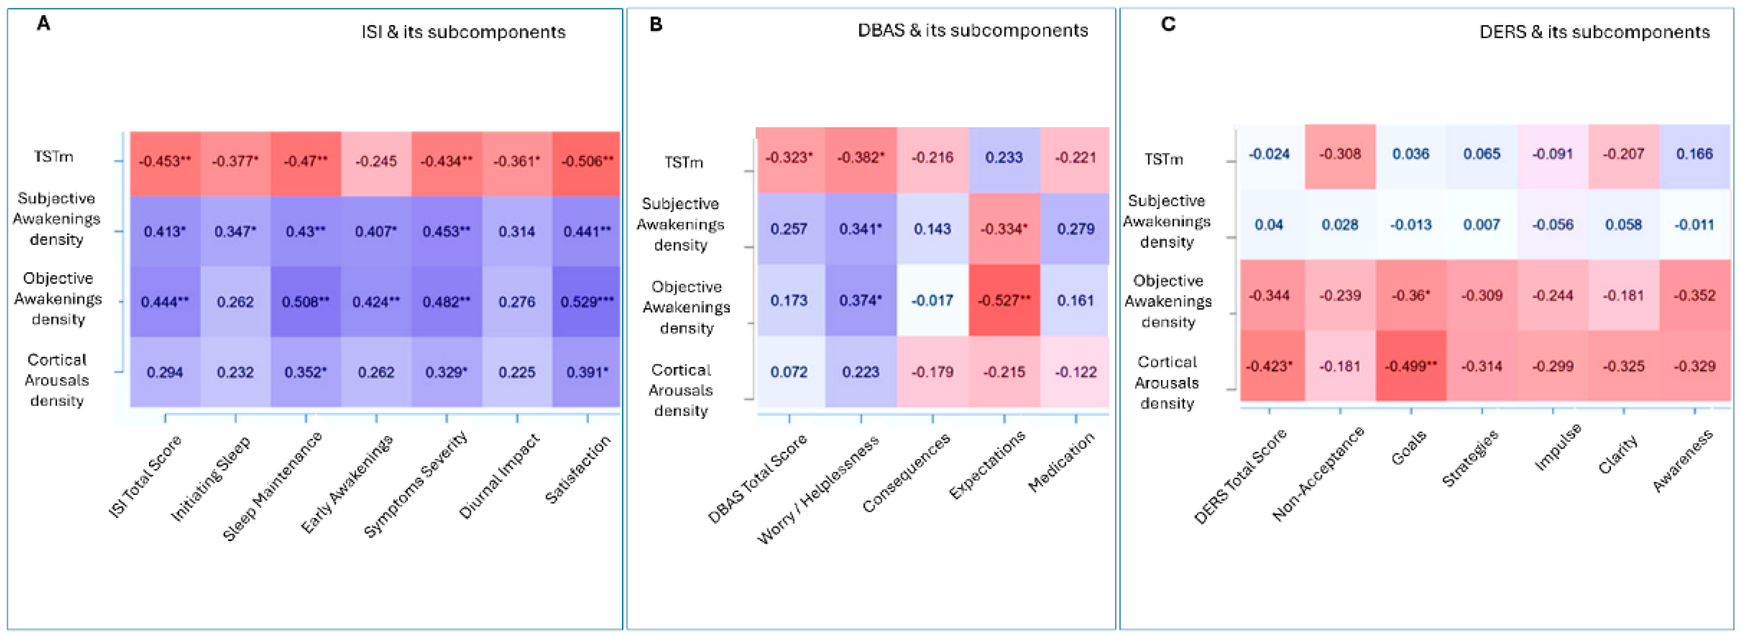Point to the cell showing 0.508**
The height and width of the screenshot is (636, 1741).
pos(305,301)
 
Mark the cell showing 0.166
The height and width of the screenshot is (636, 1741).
pos(1695,154)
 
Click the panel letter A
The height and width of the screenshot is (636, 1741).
pos(43,24)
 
